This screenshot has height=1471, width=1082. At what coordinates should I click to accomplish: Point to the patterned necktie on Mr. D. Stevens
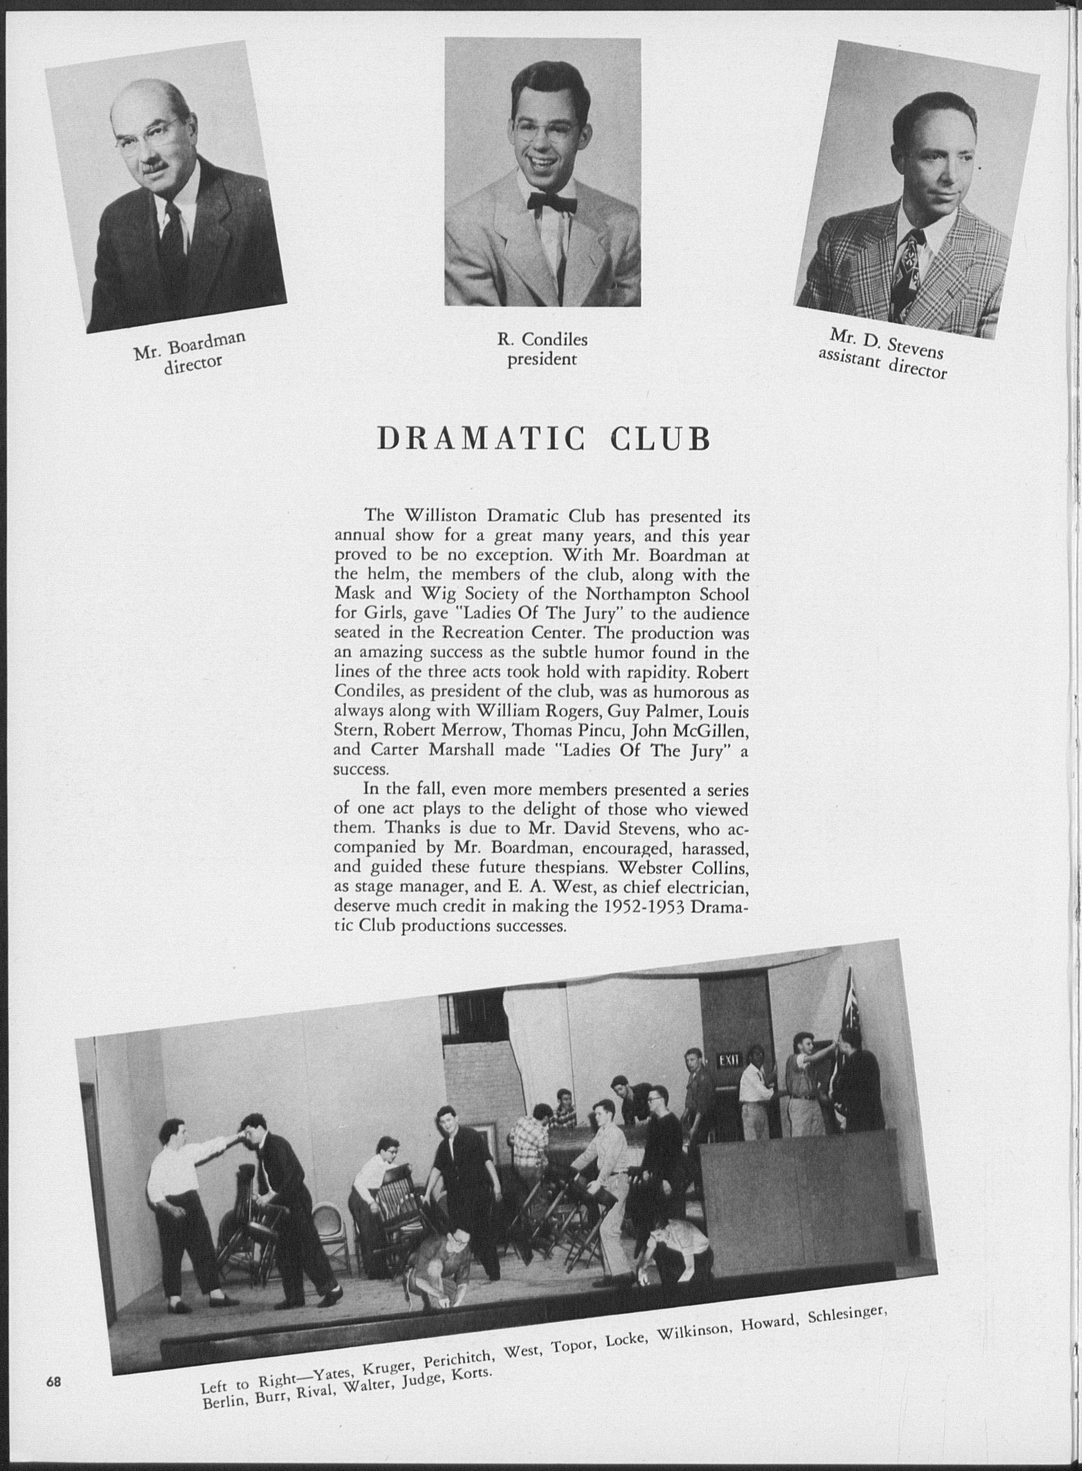(912, 268)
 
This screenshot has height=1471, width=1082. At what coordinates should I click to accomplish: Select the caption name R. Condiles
(542, 340)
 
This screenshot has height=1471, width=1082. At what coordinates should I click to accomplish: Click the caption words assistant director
(882, 363)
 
